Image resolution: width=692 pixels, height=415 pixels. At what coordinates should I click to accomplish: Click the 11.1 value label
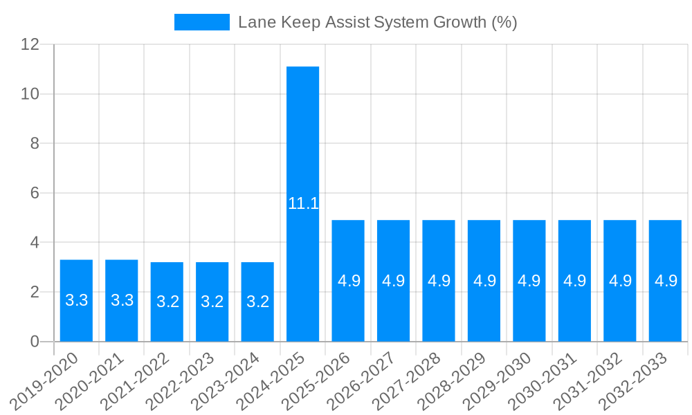(x=303, y=203)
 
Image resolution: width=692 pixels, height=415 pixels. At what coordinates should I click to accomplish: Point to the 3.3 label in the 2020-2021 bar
(x=122, y=300)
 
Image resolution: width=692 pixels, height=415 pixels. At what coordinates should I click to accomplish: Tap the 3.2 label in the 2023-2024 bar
(x=257, y=302)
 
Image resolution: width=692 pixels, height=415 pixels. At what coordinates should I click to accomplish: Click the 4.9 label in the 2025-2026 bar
(x=348, y=281)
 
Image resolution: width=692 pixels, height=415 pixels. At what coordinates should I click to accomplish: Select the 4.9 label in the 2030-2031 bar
(x=574, y=281)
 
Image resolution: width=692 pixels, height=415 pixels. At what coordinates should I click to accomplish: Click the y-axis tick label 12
(x=30, y=44)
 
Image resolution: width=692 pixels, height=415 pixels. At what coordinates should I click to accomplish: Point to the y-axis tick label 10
(x=30, y=94)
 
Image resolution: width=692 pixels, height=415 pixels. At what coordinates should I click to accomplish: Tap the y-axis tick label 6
(x=35, y=193)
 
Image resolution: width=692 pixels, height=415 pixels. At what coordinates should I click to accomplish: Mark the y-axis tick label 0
(x=35, y=342)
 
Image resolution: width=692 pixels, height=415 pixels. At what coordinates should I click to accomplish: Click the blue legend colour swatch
(x=201, y=22)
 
